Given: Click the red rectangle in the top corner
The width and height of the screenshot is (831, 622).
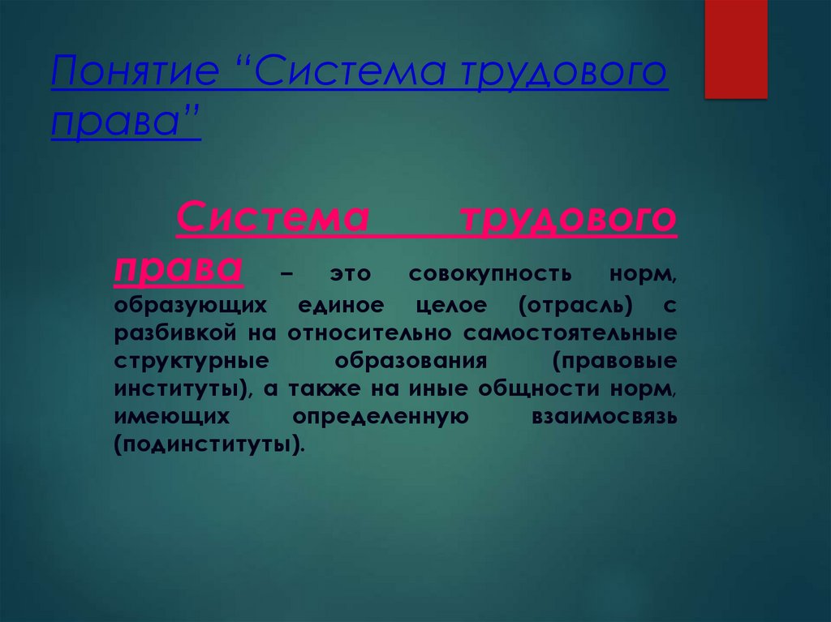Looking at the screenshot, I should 735,49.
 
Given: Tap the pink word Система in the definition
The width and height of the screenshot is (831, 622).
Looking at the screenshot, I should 273,218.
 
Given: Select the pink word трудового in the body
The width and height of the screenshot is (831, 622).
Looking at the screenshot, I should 567,218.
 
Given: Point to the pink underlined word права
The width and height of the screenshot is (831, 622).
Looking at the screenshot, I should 178,267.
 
